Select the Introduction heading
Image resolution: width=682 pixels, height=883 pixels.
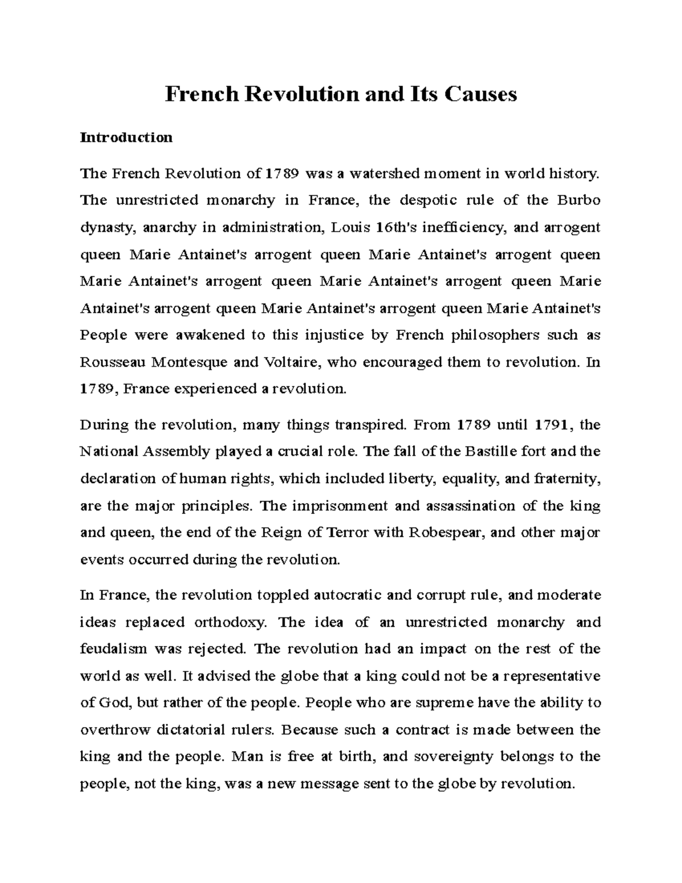pyautogui.click(x=126, y=138)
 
